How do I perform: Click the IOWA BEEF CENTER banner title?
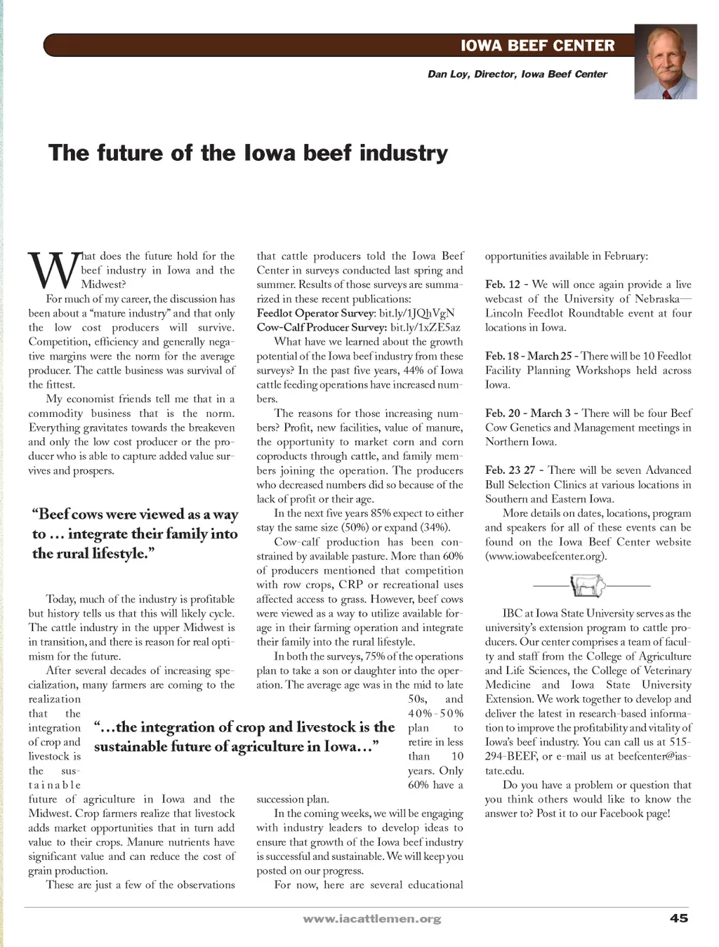click(x=537, y=46)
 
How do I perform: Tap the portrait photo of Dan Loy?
click(x=665, y=62)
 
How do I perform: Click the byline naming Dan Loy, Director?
click(x=517, y=74)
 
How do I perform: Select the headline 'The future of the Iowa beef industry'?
click(x=248, y=152)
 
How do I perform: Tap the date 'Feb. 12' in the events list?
click(x=503, y=284)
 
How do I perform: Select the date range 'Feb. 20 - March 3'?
click(x=527, y=413)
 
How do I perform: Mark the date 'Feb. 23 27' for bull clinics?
click(x=510, y=470)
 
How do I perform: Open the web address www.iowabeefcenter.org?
click(x=546, y=556)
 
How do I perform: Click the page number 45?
click(x=678, y=918)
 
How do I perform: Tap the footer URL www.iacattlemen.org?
click(x=371, y=918)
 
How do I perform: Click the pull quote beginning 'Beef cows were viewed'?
click(x=135, y=534)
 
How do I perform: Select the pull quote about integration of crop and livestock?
click(x=244, y=736)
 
